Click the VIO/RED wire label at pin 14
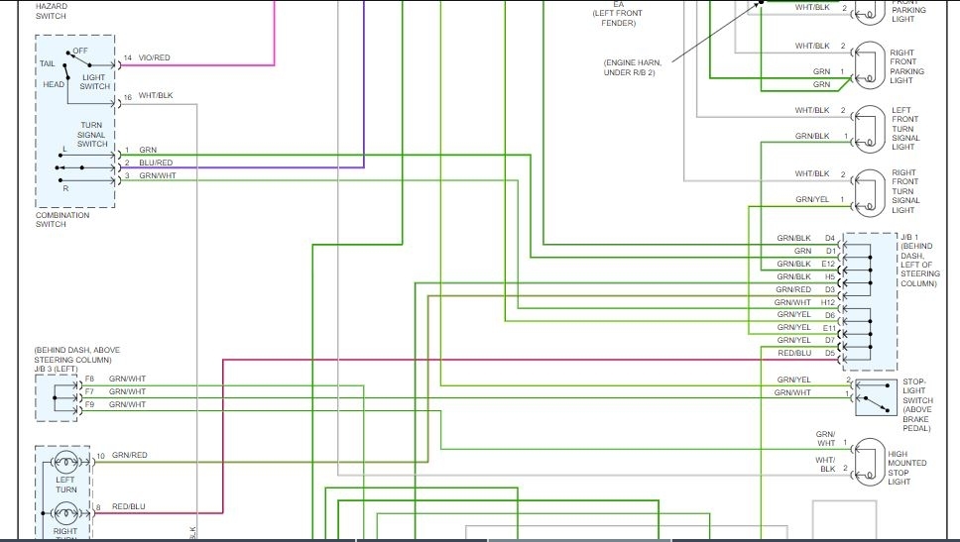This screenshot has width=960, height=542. [x=154, y=58]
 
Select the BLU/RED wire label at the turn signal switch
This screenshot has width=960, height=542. [x=156, y=163]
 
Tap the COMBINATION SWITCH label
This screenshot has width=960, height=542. [x=62, y=219]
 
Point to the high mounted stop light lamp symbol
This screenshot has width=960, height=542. [x=870, y=462]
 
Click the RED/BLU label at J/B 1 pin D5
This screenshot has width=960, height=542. [x=794, y=353]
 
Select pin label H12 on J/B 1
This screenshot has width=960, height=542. [x=829, y=302]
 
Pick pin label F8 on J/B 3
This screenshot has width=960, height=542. [x=89, y=379]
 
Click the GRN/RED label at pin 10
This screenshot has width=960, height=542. [x=129, y=456]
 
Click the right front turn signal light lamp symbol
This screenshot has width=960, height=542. [x=869, y=191]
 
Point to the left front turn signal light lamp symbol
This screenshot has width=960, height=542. [x=869, y=128]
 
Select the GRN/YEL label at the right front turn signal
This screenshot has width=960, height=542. [x=811, y=200]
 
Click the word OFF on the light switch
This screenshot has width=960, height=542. [x=80, y=51]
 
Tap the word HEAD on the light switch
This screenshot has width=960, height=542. [x=54, y=84]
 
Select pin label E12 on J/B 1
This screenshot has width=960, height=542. [x=829, y=265]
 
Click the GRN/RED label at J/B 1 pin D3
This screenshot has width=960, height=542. [x=794, y=289]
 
